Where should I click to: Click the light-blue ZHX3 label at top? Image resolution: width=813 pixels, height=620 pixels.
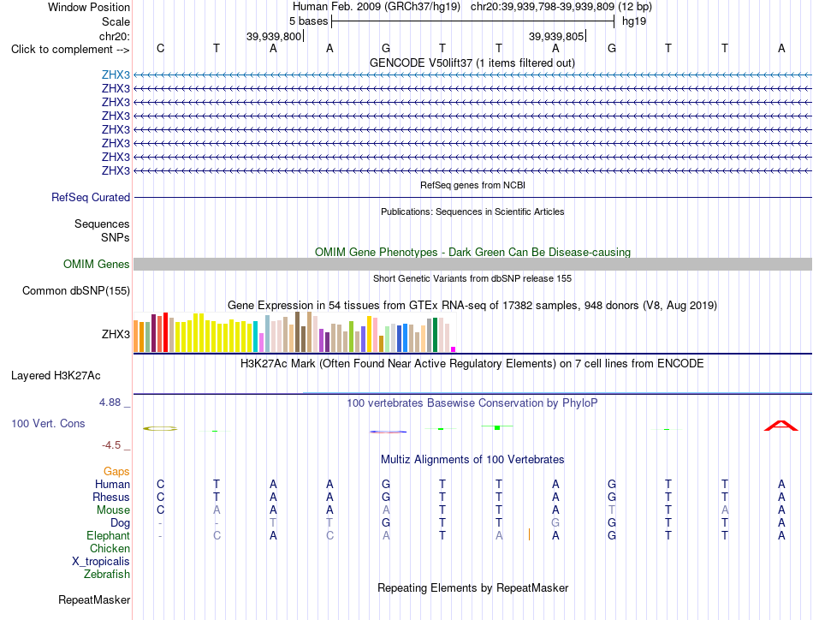pyautogui.click(x=116, y=75)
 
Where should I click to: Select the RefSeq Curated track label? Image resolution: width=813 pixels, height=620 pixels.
pyautogui.click(x=91, y=197)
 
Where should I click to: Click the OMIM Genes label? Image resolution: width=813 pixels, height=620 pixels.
pyautogui.click(x=97, y=264)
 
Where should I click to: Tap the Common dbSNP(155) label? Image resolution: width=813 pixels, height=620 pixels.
pyautogui.click(x=76, y=290)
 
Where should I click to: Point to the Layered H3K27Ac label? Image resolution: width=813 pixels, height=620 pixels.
pyautogui.click(x=56, y=376)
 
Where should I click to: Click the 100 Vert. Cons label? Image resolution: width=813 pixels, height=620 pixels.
pyautogui.click(x=48, y=423)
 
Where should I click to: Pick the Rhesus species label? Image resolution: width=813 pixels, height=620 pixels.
pyautogui.click(x=111, y=497)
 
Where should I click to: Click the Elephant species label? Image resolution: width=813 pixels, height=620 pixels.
pyautogui.click(x=109, y=535)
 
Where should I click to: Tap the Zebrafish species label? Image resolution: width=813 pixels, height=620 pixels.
pyautogui.click(x=107, y=574)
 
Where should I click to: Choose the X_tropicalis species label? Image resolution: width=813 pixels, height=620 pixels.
pyautogui.click(x=101, y=562)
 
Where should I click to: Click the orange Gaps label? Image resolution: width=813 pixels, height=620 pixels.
pyautogui.click(x=116, y=471)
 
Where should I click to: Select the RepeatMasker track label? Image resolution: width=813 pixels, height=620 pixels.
pyautogui.click(x=94, y=599)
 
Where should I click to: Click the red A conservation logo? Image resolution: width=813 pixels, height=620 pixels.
pyautogui.click(x=781, y=426)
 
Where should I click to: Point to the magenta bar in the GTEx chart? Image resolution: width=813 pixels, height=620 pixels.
pyautogui.click(x=454, y=349)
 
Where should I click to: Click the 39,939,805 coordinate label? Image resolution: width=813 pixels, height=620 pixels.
pyautogui.click(x=556, y=36)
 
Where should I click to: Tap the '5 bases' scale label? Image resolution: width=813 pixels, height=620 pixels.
pyautogui.click(x=308, y=21)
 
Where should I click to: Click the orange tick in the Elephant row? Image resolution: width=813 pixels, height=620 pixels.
pyautogui.click(x=529, y=534)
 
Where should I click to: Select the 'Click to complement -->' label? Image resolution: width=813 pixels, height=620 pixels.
pyautogui.click(x=70, y=50)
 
